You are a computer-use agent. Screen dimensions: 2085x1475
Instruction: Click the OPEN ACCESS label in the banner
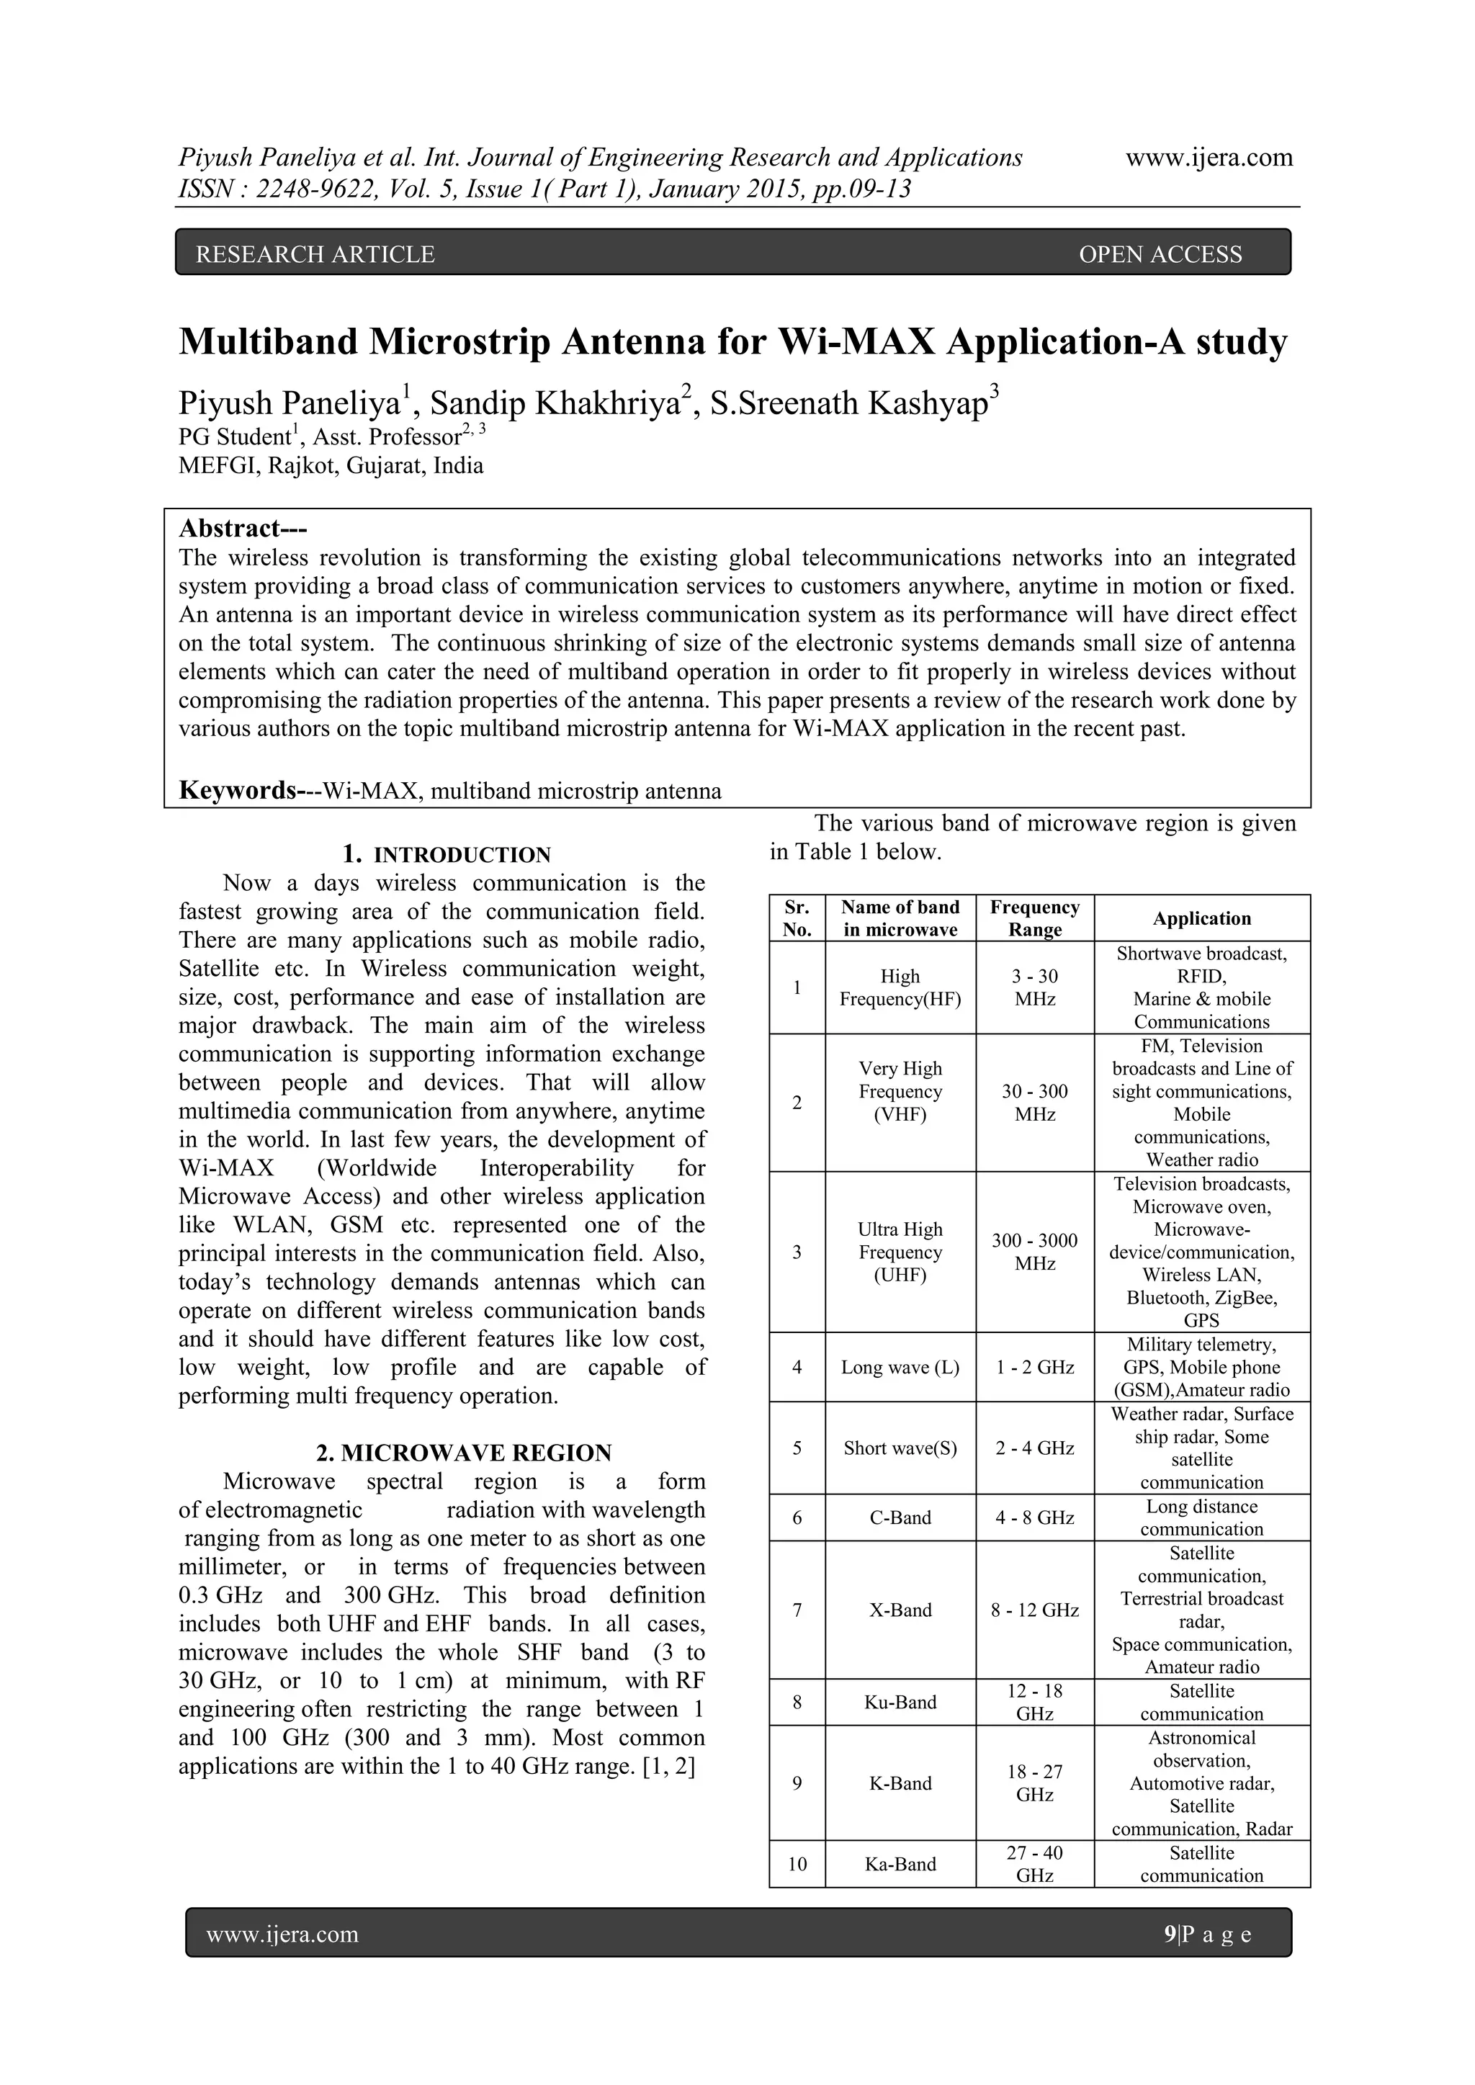pos(1160,254)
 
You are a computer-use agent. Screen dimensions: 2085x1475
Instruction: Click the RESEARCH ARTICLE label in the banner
pos(315,254)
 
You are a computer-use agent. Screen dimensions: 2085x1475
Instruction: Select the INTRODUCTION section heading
pos(462,854)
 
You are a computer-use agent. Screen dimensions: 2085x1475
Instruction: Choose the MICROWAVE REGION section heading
pos(463,1453)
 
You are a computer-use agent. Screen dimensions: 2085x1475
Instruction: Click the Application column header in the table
pos(1201,918)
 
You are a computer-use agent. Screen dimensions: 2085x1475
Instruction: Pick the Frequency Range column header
pos(1034,918)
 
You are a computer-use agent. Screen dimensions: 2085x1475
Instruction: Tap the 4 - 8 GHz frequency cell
pos(1034,1517)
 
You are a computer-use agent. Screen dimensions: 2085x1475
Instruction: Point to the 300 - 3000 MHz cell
pos(1034,1252)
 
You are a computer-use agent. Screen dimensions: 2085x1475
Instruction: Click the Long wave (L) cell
pos(900,1367)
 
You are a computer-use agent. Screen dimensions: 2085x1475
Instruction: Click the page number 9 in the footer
pos(1169,1934)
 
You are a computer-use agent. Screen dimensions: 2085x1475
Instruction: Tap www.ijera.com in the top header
pos(1209,157)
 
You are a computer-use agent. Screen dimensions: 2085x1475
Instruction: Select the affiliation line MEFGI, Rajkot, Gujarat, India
pos(331,466)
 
